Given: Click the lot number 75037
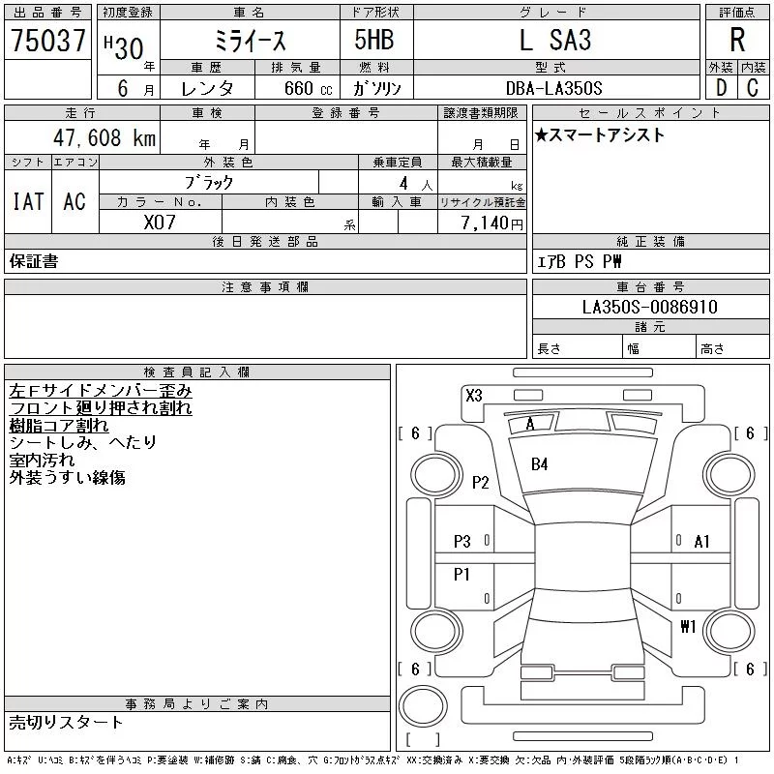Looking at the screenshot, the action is [x=48, y=40].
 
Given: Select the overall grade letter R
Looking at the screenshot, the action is [x=737, y=40].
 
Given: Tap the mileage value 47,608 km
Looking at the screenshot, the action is [x=104, y=137].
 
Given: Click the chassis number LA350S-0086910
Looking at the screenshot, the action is [x=649, y=307].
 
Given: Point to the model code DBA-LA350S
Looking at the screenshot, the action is [x=553, y=88].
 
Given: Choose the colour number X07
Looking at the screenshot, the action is [x=160, y=223].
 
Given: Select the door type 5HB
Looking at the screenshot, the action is [x=374, y=40].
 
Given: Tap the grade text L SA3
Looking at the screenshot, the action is [x=555, y=40].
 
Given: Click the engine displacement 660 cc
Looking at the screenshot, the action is [x=308, y=88].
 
